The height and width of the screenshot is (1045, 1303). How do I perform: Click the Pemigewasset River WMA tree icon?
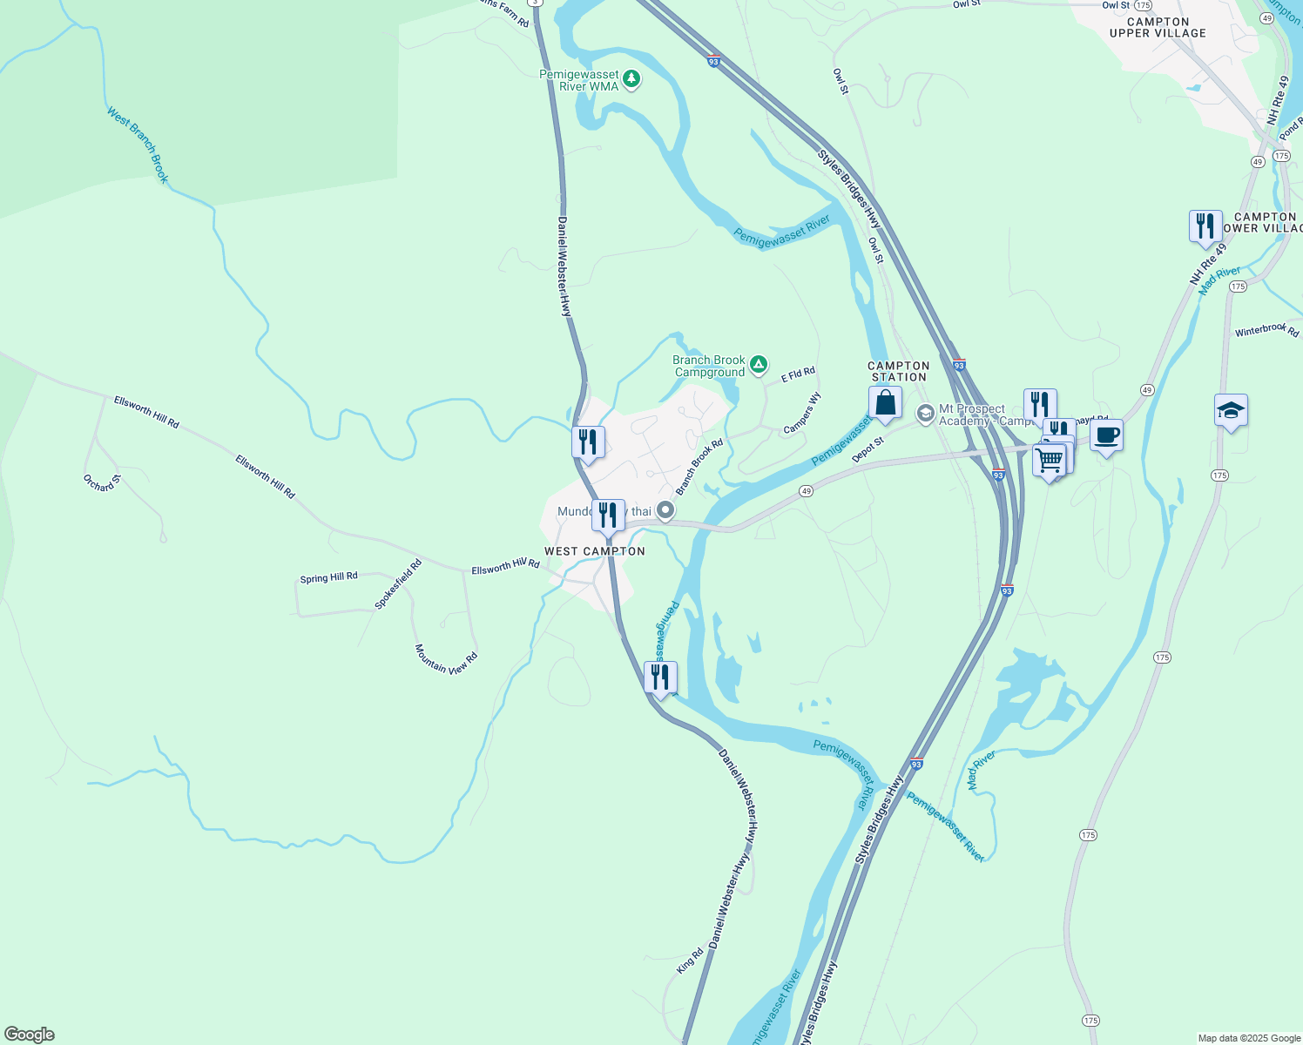(631, 80)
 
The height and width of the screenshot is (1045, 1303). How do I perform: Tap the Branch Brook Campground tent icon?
(759, 365)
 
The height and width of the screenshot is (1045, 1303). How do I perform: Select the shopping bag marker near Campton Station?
(885, 403)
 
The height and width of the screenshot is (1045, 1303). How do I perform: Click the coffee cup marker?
(1106, 435)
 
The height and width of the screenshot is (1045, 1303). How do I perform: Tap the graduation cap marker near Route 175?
(1231, 410)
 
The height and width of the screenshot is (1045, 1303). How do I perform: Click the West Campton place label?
(595, 551)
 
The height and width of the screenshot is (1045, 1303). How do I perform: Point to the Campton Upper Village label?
(1158, 28)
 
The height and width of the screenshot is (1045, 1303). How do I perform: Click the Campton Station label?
(899, 372)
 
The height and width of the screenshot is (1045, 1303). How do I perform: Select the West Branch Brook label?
(138, 145)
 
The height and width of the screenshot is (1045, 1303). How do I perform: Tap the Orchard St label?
(102, 482)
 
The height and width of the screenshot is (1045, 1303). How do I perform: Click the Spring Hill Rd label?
(328, 577)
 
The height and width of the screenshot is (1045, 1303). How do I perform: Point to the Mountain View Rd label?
(446, 659)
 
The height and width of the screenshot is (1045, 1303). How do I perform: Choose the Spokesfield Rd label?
(398, 584)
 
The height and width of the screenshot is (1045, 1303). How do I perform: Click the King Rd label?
(690, 961)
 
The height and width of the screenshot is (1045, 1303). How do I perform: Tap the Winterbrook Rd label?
(1266, 330)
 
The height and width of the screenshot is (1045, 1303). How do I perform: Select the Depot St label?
(868, 450)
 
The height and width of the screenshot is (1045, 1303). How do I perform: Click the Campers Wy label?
(802, 413)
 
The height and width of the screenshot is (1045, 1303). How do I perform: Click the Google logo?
(30, 1035)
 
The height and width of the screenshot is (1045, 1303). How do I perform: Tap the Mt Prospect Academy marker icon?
(925, 412)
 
